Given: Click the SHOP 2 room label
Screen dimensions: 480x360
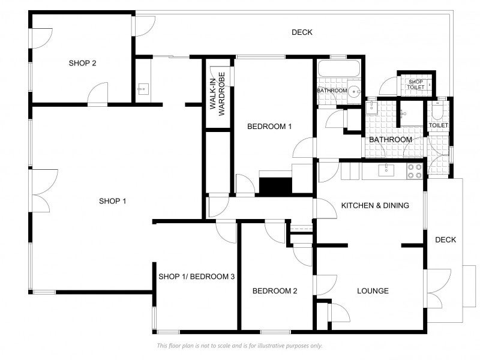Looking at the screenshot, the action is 82,63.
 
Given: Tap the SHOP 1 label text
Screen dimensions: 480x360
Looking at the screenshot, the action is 112,201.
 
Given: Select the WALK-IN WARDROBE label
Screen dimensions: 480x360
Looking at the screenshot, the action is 217,94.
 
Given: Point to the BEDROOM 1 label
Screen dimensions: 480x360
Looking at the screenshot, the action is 269,126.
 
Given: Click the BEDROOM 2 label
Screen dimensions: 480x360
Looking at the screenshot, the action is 275,291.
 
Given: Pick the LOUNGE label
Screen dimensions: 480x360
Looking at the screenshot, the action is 373,291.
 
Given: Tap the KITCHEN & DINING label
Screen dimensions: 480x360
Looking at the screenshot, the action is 375,205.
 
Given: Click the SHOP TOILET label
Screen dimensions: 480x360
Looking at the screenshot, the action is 415,85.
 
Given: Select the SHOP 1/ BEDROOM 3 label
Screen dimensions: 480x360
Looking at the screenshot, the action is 197,277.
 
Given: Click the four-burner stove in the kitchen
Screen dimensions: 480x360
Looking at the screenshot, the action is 415,171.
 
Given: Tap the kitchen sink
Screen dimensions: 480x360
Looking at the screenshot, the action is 386,170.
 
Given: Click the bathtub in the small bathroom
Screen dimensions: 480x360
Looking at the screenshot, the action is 339,68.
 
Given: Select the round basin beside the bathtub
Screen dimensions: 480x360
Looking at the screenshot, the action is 355,91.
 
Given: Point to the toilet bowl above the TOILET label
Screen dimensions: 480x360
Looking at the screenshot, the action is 436,111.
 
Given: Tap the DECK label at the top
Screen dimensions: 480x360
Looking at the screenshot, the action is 302,32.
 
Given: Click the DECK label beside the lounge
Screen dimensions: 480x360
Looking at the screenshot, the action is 445,239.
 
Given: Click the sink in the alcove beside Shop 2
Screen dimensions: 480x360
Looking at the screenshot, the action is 143,89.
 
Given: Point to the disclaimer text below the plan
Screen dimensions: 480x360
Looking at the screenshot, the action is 239,346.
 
